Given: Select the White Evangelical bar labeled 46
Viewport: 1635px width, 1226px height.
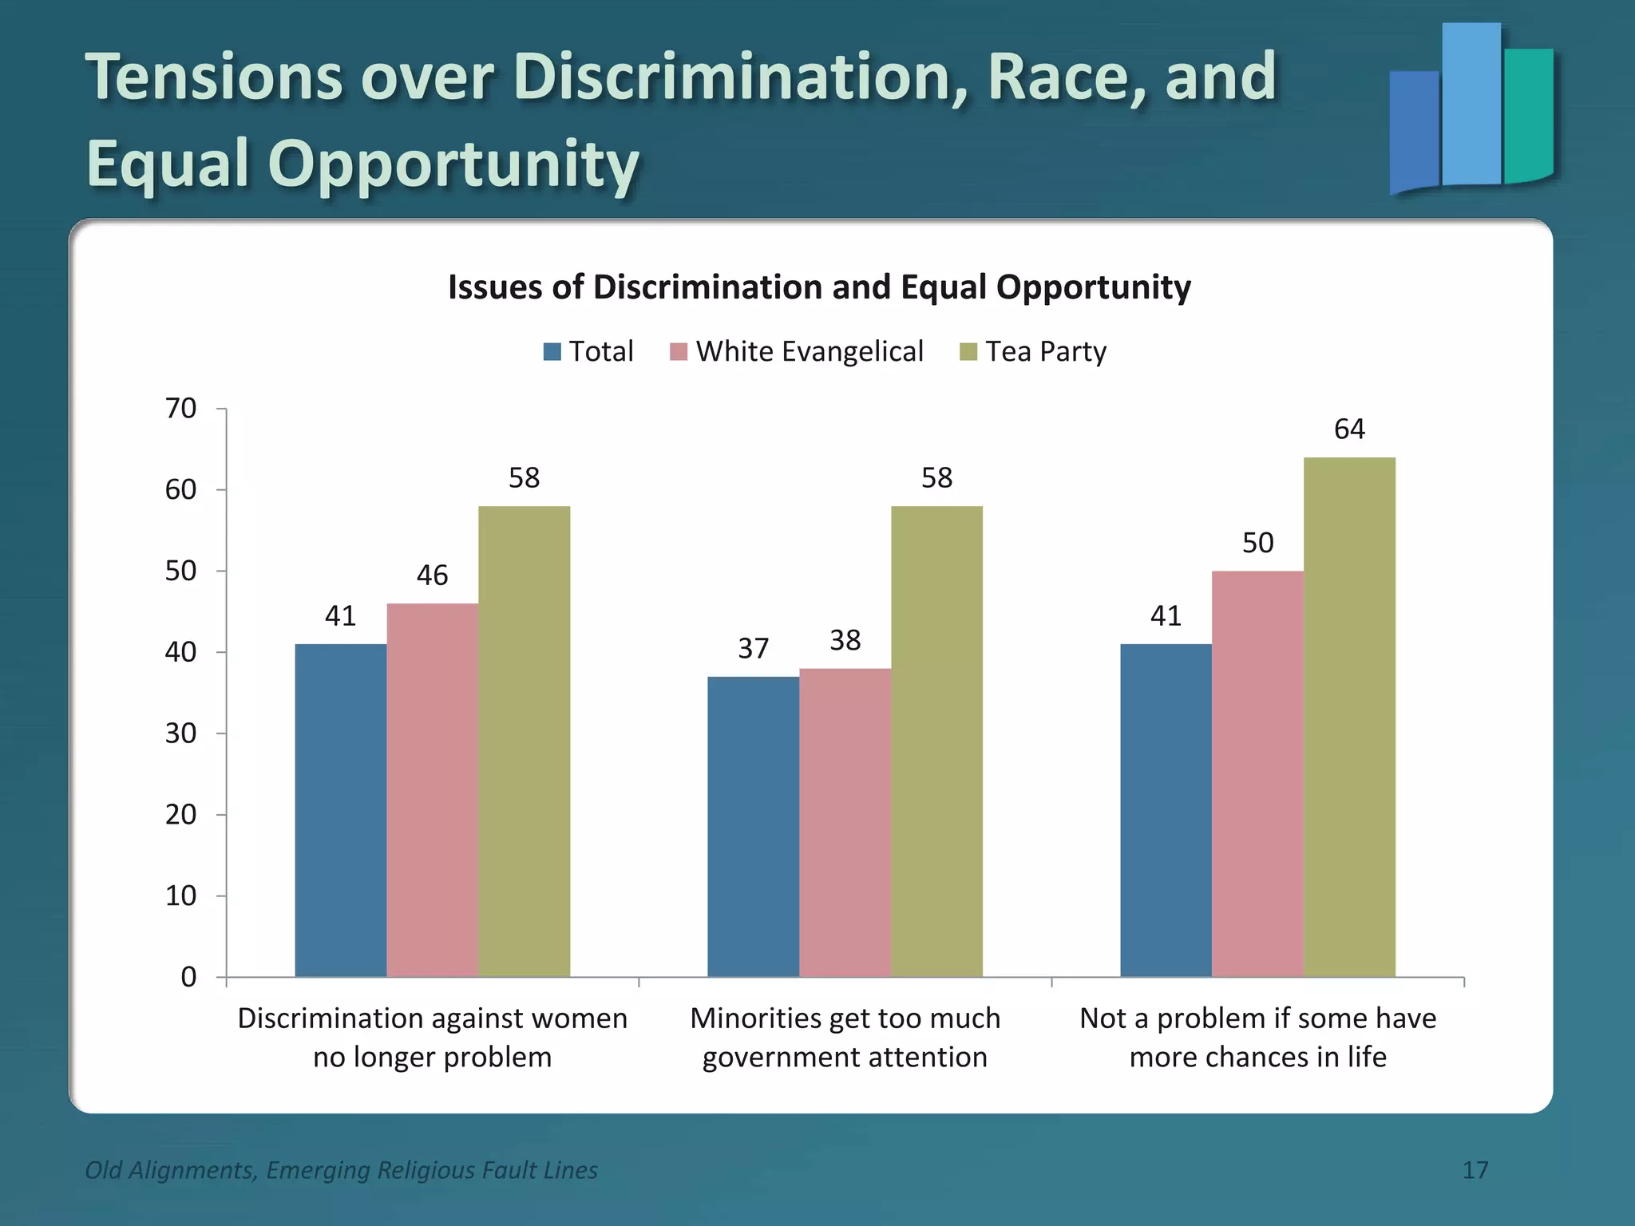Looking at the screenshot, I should pos(432,789).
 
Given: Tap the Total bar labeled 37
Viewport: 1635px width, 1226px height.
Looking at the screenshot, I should pos(753,826).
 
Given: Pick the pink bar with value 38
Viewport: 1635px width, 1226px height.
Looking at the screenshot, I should pos(845,822).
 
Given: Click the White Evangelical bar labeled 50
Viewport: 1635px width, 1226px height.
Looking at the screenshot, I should pos(1257,773).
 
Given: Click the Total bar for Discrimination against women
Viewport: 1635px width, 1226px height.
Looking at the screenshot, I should pos(341,810).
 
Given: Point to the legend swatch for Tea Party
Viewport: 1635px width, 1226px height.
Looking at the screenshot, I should pos(968,352).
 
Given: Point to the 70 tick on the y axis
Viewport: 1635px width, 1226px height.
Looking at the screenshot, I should pos(181,409).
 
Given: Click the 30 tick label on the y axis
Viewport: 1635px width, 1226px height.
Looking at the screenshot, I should pos(181,734).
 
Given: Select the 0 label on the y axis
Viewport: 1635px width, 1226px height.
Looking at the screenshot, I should pos(188,977).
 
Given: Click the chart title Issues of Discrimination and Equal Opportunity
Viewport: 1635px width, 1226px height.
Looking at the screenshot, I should pos(819,287).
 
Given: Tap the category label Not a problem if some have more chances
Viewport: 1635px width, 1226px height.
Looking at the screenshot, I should pos(1257,1037).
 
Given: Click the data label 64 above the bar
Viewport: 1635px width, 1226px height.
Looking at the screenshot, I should pos(1349,429).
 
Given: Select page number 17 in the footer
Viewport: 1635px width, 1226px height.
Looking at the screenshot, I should pos(1475,1170).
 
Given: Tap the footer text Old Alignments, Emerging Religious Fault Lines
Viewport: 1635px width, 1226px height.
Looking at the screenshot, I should pos(341,1170).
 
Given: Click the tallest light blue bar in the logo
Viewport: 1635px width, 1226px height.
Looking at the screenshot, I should pos(1471,104).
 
